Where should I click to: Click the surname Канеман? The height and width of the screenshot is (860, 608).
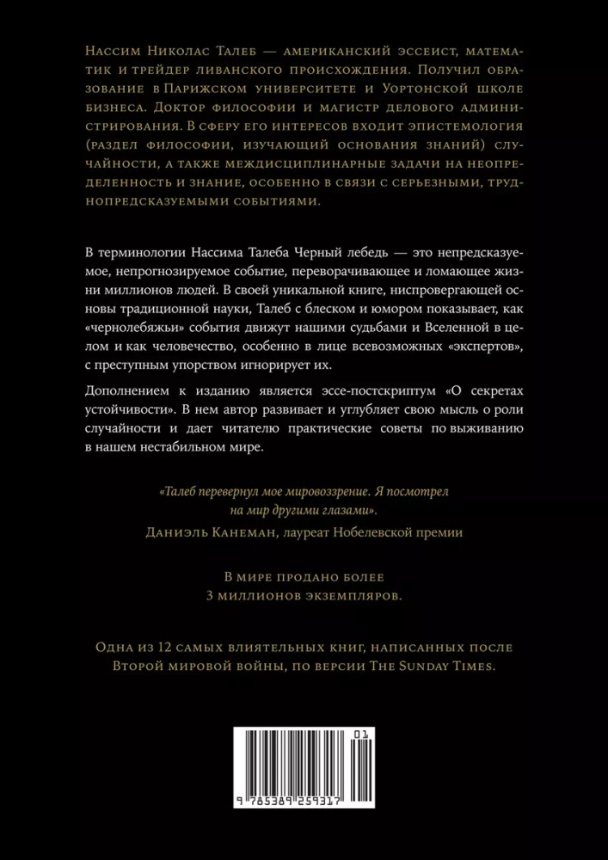pos(241,532)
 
